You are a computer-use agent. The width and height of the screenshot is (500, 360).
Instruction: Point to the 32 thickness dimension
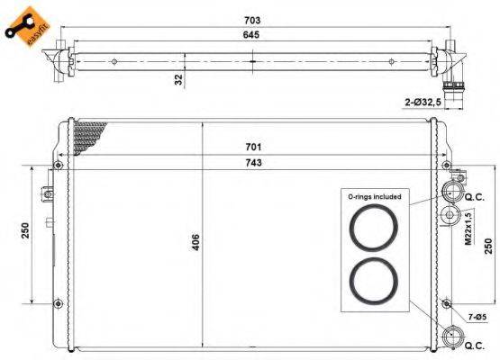pos(179,79)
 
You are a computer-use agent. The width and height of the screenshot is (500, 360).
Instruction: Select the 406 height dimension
pos(195,240)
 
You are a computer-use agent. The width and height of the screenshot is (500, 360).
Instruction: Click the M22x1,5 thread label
pos(468,228)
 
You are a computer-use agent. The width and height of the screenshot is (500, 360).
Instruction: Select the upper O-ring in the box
pos(372,228)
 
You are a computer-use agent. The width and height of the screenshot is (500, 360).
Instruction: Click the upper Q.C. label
pos(474,197)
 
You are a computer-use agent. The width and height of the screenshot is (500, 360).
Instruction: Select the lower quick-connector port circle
pos(450,339)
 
